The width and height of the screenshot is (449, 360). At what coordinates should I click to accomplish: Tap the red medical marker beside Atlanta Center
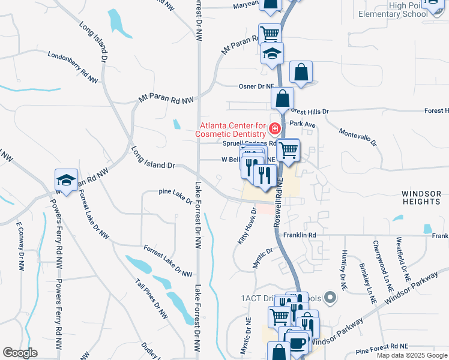point(275,128)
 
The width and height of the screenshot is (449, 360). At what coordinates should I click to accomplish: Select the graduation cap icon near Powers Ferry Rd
point(66,179)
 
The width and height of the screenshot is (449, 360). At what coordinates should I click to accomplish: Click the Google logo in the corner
point(20,353)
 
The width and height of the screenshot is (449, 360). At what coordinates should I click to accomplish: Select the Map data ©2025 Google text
point(411,355)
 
